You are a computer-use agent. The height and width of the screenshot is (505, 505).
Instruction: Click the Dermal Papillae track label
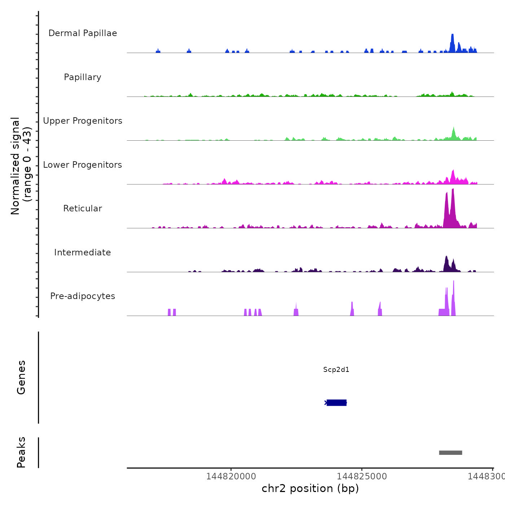(83, 33)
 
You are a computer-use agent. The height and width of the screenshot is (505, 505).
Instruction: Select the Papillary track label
(83, 77)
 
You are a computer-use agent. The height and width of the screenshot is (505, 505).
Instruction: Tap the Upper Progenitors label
(83, 121)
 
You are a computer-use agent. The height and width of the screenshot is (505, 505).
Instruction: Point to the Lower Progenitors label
(83, 165)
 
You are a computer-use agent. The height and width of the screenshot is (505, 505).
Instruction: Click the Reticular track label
(83, 208)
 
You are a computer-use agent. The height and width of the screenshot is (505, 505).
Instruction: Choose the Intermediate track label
(83, 252)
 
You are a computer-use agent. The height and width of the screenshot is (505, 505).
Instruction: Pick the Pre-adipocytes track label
(83, 296)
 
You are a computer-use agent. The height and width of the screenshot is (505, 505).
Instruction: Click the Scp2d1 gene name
(336, 369)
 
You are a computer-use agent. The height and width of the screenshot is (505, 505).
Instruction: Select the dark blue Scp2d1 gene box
(337, 403)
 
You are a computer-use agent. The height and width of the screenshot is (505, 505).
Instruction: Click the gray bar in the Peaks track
(451, 453)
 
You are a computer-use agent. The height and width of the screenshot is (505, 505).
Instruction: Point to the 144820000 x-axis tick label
(231, 477)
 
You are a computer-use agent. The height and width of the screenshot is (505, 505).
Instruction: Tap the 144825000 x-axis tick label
(362, 477)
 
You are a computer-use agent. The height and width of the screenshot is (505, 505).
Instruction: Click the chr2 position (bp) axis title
(310, 488)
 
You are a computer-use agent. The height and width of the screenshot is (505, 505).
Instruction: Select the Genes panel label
(21, 377)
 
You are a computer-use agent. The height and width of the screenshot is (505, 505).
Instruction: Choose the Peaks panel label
(21, 452)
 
